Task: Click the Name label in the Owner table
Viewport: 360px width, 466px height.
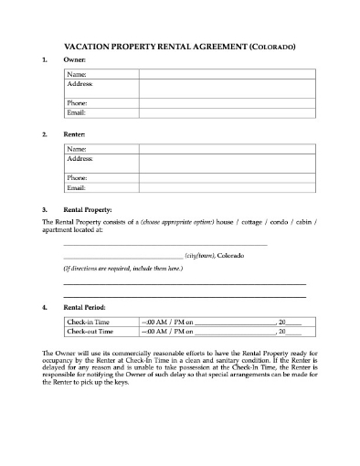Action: [77, 73]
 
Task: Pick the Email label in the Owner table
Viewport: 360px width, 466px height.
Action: [77, 112]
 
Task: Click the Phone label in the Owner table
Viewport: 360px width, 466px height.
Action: [78, 103]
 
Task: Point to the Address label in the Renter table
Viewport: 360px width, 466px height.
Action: [80, 157]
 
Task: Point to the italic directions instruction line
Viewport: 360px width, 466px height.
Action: [122, 270]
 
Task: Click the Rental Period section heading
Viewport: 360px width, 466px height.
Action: [89, 308]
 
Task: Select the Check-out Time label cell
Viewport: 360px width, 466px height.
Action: [90, 333]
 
